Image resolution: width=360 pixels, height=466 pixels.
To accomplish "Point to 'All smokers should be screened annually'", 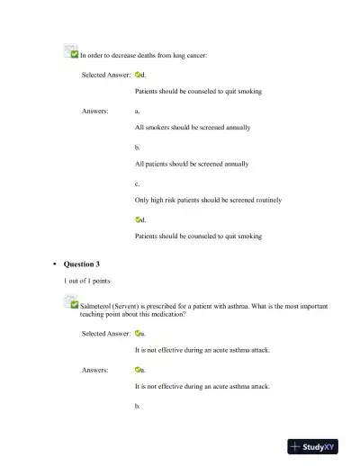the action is (192, 128).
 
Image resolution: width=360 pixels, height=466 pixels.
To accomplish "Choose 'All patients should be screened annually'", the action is (191, 164).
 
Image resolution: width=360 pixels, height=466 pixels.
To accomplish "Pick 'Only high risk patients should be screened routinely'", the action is (208, 200).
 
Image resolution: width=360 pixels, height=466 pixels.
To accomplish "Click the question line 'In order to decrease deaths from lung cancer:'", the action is (144, 56).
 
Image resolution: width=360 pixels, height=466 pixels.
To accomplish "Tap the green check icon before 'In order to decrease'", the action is (71, 54).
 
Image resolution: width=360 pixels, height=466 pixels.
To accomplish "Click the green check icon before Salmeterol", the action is (72, 305).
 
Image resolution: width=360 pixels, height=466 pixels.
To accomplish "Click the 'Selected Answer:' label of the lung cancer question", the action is (106, 75).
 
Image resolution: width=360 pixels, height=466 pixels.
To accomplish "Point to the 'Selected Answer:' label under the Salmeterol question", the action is (106, 333).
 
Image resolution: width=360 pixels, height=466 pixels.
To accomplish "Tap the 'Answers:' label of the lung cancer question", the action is (95, 111).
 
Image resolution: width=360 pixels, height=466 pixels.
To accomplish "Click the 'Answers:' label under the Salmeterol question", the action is (95, 369).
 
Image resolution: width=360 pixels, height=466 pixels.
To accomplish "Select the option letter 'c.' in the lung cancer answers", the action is (137, 183).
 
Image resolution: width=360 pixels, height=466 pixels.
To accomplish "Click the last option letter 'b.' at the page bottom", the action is (137, 406).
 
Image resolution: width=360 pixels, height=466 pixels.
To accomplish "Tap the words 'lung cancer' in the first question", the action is (190, 56).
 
